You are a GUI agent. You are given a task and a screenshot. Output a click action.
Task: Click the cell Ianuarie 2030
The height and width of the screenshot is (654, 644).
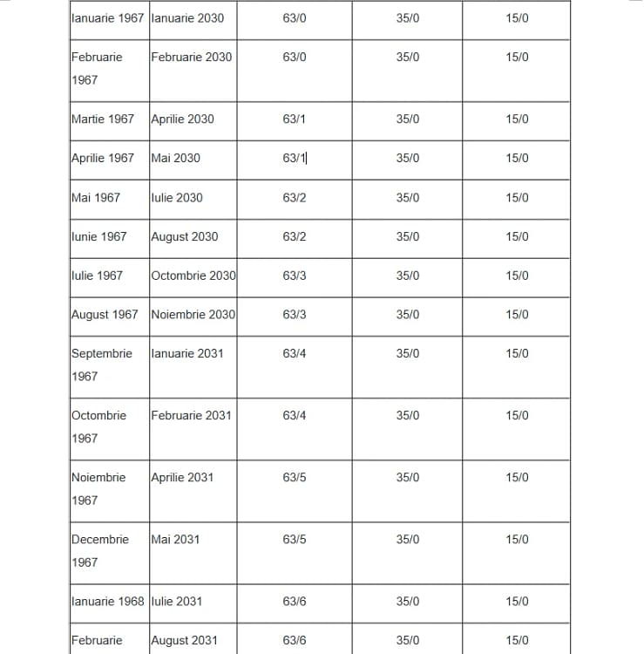pyautogui.click(x=186, y=17)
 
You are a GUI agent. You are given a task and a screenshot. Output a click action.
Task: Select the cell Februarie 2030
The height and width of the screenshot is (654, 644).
pyautogui.click(x=191, y=57)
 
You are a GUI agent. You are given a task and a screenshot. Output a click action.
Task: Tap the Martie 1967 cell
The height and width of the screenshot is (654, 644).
pyautogui.click(x=103, y=119)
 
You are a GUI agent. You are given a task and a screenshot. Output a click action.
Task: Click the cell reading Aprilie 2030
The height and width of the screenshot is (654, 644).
pyautogui.click(x=182, y=119)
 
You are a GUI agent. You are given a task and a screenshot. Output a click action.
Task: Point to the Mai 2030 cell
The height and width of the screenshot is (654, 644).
pyautogui.click(x=175, y=158)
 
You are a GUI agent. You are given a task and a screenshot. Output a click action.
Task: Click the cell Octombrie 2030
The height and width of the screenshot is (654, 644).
pyautogui.click(x=193, y=276)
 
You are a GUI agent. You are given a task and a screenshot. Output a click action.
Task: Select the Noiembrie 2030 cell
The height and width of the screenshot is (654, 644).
pyautogui.click(x=193, y=314)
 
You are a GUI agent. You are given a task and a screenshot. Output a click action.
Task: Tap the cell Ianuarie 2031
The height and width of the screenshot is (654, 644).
pyautogui.click(x=186, y=353)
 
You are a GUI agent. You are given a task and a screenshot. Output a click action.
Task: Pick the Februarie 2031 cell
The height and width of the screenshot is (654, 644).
pyautogui.click(x=191, y=415)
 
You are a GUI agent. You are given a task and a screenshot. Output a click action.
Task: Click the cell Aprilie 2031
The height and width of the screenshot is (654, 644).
pyautogui.click(x=182, y=477)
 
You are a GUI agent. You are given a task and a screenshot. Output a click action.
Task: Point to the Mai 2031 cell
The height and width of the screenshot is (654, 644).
pyautogui.click(x=175, y=539)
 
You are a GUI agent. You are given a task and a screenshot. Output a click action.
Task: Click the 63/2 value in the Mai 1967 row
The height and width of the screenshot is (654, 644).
pyautogui.click(x=295, y=197)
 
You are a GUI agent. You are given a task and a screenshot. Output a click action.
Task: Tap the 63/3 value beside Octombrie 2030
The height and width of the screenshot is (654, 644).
pyautogui.click(x=295, y=276)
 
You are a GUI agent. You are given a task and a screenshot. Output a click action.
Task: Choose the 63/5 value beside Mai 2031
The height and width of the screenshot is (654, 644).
pyautogui.click(x=295, y=539)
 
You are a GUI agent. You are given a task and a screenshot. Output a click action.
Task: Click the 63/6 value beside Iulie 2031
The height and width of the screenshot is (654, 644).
pyautogui.click(x=295, y=601)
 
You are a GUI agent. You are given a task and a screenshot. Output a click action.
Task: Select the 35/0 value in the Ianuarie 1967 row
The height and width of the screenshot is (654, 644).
pyautogui.click(x=407, y=17)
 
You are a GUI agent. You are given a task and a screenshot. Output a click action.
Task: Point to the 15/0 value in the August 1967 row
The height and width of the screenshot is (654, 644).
pyautogui.click(x=517, y=314)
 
